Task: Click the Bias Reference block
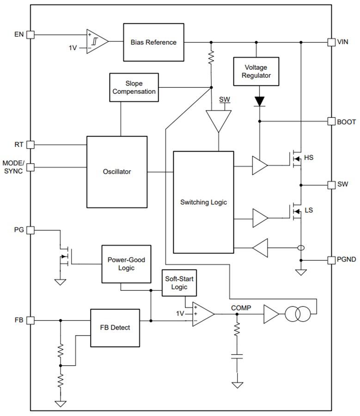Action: [153, 42]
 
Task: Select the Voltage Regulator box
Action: [256, 71]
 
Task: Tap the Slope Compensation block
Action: [134, 87]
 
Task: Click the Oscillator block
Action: [117, 171]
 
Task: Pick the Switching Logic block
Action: [203, 202]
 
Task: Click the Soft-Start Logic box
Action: [179, 283]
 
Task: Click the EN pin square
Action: [31, 34]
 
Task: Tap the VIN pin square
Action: [331, 42]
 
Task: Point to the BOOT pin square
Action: [331, 122]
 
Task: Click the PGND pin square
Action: [331, 260]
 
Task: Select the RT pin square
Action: [31, 144]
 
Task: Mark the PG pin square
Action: [31, 230]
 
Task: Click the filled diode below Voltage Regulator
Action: [260, 100]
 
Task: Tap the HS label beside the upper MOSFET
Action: [309, 158]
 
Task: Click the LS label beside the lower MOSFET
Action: [308, 210]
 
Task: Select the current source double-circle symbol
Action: [296, 315]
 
